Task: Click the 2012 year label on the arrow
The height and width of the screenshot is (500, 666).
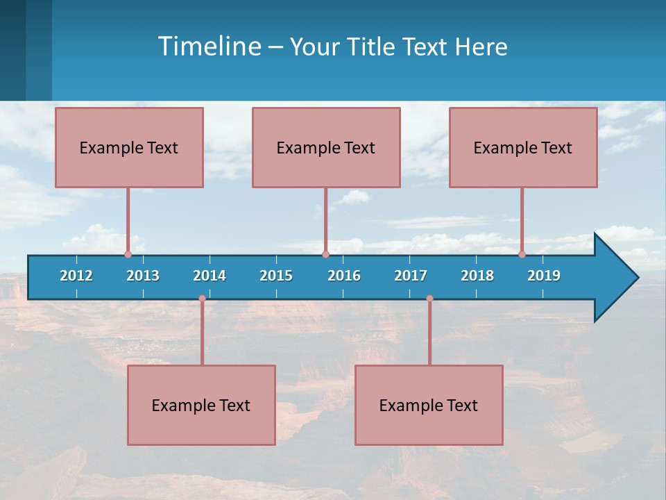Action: [76, 276]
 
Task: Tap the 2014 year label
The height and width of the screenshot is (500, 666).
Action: [210, 276]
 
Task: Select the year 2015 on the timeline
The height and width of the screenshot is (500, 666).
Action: [276, 276]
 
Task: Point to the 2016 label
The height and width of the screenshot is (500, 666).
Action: [344, 276]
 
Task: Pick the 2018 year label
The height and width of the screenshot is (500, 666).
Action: [477, 276]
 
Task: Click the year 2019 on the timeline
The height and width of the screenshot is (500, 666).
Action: [544, 276]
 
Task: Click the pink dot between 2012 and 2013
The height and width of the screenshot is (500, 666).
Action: [128, 254]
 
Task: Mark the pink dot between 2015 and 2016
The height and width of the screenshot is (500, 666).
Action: [325, 254]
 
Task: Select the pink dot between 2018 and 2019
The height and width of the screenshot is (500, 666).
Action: [522, 254]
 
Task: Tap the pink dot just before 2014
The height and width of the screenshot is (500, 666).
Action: [202, 299]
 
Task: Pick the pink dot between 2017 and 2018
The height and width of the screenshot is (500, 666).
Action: [429, 299]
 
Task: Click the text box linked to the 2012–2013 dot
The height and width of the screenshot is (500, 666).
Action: [129, 147]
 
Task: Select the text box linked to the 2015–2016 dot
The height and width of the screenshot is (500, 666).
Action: [326, 147]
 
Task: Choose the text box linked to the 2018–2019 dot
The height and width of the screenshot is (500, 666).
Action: [523, 147]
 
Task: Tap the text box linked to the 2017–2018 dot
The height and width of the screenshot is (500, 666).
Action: [429, 405]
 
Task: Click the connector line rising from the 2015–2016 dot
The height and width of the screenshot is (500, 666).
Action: [325, 221]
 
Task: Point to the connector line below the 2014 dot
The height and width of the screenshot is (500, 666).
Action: [202, 332]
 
